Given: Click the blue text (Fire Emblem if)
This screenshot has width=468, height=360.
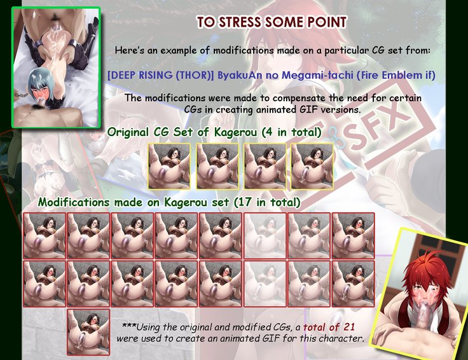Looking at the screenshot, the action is click(396, 75).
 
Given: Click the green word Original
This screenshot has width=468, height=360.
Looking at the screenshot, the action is click(128, 132).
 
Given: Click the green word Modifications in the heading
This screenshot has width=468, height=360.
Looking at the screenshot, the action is click(73, 202).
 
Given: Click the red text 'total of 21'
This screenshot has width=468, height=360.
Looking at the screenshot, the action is click(329, 327).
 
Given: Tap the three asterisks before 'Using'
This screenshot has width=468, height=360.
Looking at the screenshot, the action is click(129, 326).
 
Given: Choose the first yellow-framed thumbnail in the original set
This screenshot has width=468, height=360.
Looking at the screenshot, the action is click(169, 166).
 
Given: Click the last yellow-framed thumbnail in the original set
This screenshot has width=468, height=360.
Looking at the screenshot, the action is click(312, 166).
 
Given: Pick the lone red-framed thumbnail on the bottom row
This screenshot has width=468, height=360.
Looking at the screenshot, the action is click(88, 332).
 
